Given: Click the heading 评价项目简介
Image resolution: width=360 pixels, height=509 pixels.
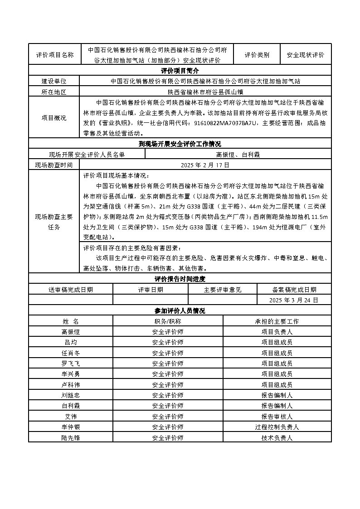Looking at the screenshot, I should click(180, 71).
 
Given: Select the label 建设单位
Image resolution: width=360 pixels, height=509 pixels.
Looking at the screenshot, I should click(54, 81).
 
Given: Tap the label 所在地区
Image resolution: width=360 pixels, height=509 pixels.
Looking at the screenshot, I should click(54, 92).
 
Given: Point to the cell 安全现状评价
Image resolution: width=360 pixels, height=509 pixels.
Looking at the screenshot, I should click(306, 55).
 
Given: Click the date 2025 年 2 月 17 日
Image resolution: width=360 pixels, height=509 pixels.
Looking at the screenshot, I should click(205, 165).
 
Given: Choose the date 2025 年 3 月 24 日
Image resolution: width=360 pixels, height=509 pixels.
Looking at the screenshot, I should click(294, 300).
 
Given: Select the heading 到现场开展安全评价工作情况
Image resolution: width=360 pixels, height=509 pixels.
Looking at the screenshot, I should click(180, 144).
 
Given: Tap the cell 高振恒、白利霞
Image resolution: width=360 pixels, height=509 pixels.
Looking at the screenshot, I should click(238, 155).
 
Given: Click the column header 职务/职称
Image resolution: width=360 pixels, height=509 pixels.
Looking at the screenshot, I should click(168, 321).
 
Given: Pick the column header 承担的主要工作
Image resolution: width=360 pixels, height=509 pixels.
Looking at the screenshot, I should click(277, 321).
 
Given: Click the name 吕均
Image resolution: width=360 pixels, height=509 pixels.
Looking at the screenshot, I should click(70, 342).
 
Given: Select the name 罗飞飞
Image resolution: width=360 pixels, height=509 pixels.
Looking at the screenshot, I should click(70, 364).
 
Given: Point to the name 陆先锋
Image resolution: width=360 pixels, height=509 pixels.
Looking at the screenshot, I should click(70, 437).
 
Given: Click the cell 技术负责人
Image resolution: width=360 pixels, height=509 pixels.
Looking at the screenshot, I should click(277, 437).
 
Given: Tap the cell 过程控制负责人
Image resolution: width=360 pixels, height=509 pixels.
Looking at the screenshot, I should click(277, 427).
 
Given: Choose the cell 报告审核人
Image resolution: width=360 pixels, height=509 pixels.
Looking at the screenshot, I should click(277, 417).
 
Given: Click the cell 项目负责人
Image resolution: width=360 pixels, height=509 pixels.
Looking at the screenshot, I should click(277, 332).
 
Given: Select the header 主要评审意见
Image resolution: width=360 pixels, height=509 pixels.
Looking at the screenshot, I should click(223, 290).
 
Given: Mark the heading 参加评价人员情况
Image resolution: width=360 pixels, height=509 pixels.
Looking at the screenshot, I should click(180, 311).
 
